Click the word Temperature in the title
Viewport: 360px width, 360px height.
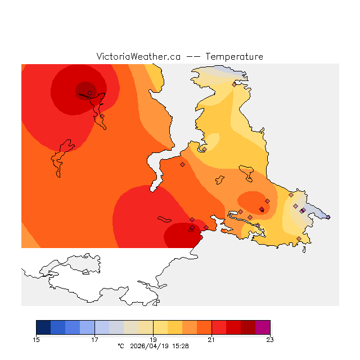[x=234, y=57]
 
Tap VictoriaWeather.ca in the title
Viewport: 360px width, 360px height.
[x=138, y=57]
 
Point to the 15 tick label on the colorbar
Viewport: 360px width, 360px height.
[x=37, y=340]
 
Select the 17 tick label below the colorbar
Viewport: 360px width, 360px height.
[x=95, y=340]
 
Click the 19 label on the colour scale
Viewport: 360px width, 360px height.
[x=153, y=340]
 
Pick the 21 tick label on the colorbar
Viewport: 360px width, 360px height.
[x=211, y=340]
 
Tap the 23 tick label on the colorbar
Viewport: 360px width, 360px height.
[x=270, y=340]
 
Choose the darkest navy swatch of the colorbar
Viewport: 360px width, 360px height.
[x=43, y=327]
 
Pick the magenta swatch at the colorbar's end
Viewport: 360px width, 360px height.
[x=263, y=327]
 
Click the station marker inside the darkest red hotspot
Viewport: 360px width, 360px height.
[x=89, y=93]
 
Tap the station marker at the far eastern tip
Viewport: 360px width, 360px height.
[x=328, y=217]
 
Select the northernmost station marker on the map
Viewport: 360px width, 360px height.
[x=234, y=84]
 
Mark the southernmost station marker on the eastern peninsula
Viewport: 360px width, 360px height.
[x=299, y=239]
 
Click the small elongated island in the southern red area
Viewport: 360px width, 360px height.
[x=164, y=219]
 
